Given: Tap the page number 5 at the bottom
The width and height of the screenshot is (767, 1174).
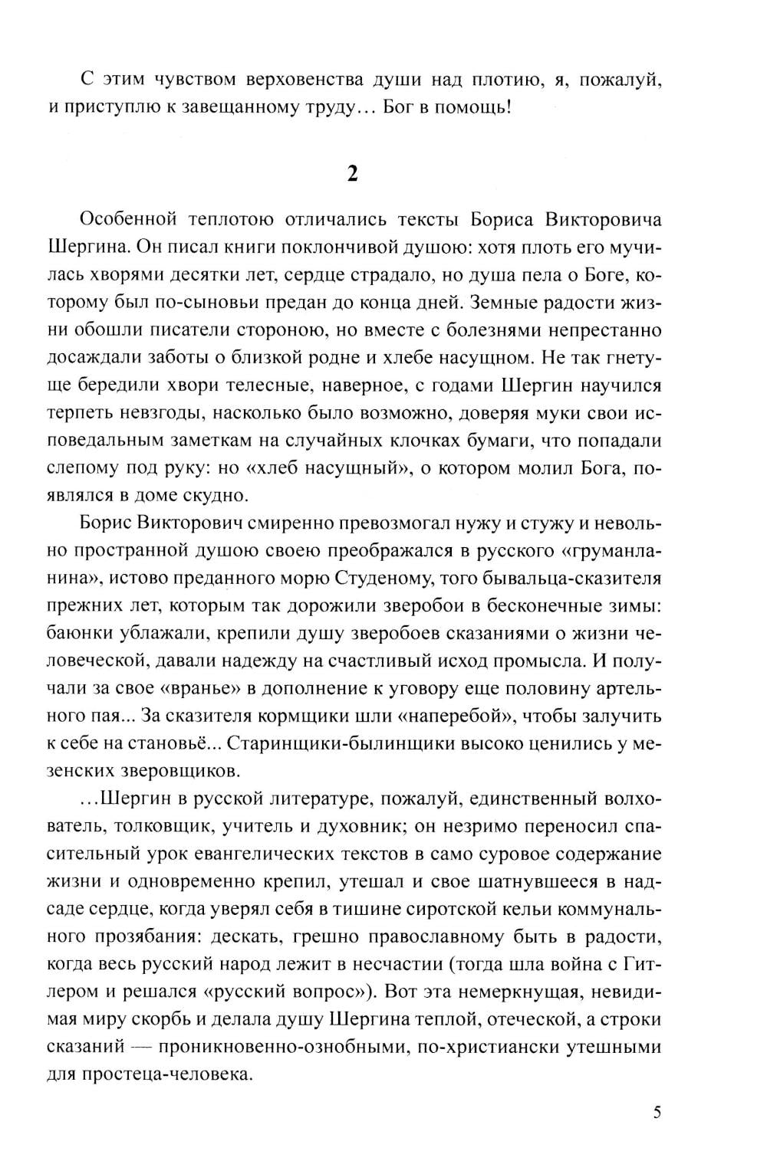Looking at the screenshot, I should tap(657, 1113).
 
